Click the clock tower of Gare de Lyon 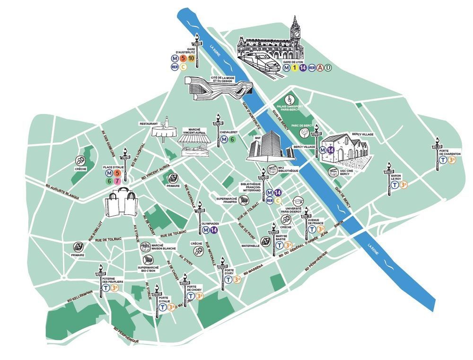click(296, 29)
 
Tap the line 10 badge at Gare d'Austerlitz click(191, 59)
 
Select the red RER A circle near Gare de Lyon click(320, 68)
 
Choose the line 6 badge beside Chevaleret click(232, 140)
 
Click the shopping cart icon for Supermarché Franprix click(243, 200)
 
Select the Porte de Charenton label click(450, 151)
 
